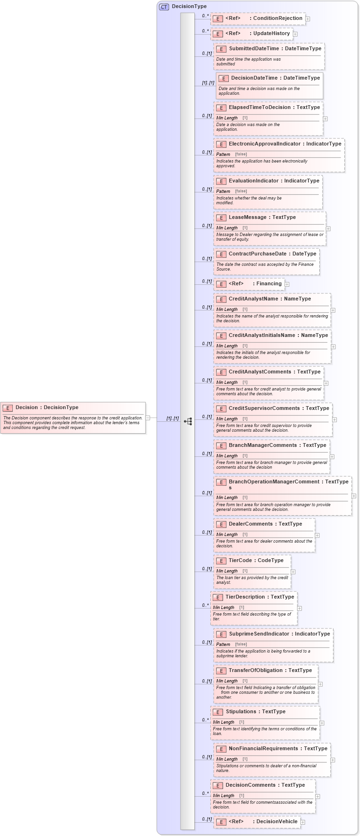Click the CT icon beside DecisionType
[164, 7]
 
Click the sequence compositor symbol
[188, 421]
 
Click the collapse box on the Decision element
[148, 418]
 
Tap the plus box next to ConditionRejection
[308, 19]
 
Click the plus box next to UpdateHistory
[295, 34]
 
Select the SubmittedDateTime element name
[254, 49]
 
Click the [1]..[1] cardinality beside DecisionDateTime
[208, 83]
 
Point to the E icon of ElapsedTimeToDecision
[221, 108]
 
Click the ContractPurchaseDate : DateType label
[272, 254]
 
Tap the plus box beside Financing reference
[287, 284]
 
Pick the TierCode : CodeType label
[256, 561]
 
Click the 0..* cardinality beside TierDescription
[205, 605]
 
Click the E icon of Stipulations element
[218, 712]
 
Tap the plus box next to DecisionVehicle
[303, 822]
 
